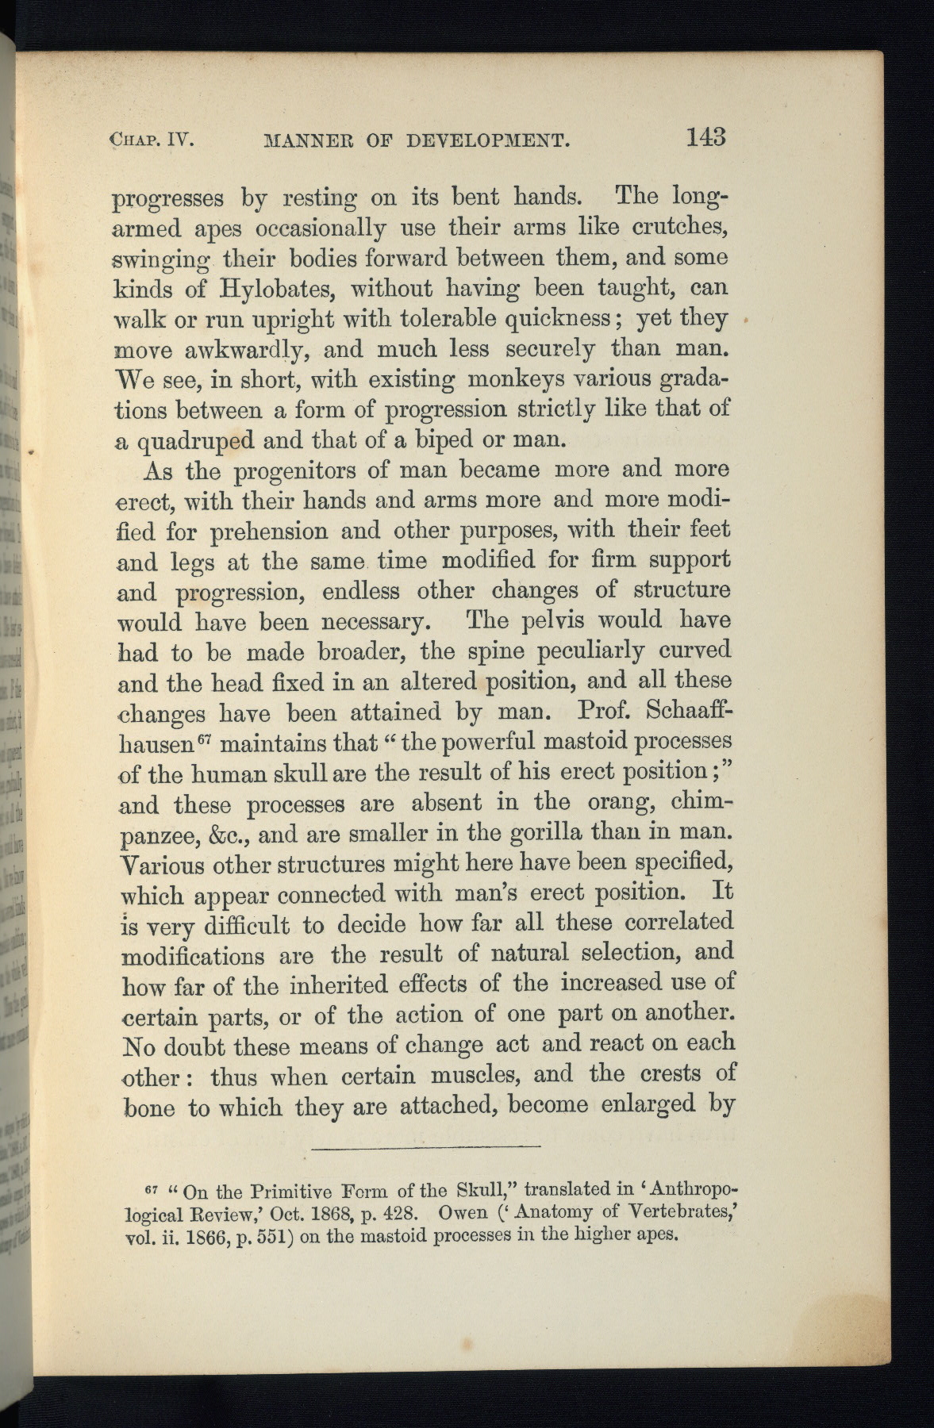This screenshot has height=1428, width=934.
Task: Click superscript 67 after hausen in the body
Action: click(204, 739)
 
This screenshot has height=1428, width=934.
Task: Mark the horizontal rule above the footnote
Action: click(426, 1146)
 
